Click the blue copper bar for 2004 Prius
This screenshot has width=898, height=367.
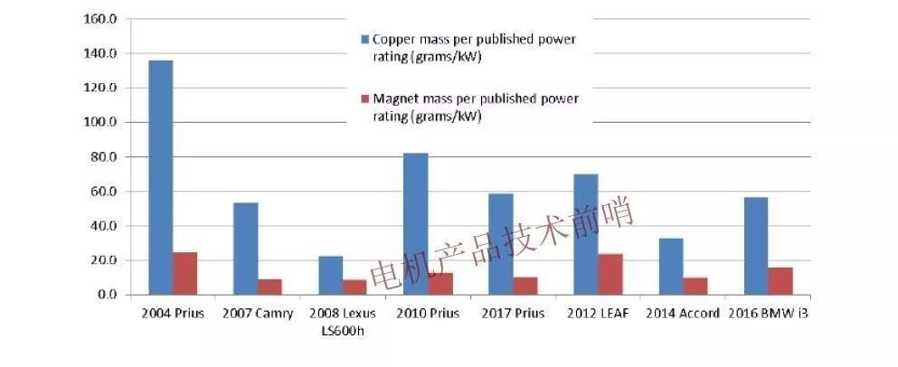coord(160,177)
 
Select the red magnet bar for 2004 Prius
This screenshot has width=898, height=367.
coord(185,273)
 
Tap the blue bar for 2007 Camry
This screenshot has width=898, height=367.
coord(245,249)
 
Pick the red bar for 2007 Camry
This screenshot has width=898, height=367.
coord(270,287)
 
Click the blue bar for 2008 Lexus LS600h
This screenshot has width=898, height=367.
coord(330,275)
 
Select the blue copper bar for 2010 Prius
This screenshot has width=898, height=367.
coord(415,224)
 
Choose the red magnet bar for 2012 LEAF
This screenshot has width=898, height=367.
coord(610,274)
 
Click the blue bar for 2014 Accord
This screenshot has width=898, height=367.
coord(670,267)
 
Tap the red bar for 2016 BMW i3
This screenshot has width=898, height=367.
coord(780,280)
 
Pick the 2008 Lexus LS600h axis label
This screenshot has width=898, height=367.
coord(343,321)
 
